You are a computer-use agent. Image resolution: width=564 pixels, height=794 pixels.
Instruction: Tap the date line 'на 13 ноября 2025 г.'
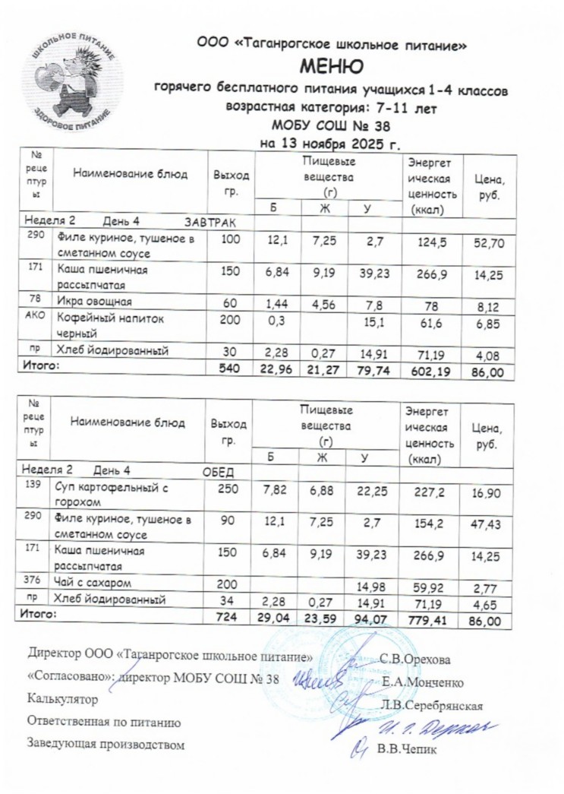point(329,142)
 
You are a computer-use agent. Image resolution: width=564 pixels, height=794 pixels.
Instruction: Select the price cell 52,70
point(488,243)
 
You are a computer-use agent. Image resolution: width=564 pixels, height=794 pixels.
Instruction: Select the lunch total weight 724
point(228,620)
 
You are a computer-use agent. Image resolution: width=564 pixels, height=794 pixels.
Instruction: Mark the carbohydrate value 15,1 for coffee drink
point(373,327)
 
